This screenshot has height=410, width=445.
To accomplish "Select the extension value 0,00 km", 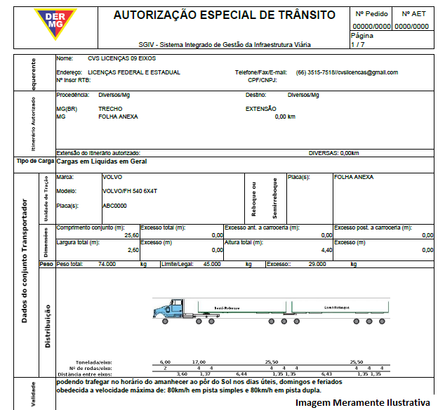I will coord(285,116).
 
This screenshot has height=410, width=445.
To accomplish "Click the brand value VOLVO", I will coord(112,178).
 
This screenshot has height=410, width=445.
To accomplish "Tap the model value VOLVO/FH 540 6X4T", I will coord(130,191).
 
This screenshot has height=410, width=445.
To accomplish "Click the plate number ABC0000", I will coord(114,206).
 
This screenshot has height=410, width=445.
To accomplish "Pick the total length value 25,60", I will coord(131,235).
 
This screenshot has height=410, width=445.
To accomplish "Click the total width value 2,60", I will coord(133,250).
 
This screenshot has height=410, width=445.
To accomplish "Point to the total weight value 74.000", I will coord(107,264).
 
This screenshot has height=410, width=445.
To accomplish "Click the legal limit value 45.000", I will coord(212,264).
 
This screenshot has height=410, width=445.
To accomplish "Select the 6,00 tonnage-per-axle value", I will coord(166,362).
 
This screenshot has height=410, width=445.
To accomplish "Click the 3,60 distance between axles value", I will coord(182,373).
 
